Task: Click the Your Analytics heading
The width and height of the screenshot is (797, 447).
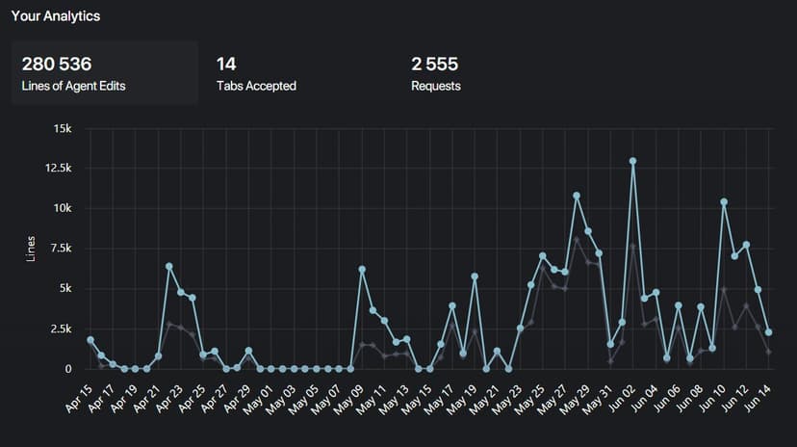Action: point(56,16)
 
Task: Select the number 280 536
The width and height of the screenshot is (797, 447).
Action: point(57,65)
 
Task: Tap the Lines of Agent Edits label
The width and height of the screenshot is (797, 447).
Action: point(73,86)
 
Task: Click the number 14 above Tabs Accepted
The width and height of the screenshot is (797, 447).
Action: point(226,65)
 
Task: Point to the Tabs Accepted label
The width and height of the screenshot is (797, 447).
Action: point(256,86)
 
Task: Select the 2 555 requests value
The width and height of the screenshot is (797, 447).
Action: point(434,65)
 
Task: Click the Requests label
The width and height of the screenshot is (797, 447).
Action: point(436,86)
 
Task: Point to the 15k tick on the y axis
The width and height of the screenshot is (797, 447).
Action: point(63,127)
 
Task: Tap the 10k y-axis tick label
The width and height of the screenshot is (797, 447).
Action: point(63,208)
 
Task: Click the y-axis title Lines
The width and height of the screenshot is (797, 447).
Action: point(32,248)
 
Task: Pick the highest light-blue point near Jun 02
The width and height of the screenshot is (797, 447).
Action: point(632,161)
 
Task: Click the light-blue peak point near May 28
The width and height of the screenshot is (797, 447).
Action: point(577,196)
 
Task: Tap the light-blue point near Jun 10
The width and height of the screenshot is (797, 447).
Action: point(724,202)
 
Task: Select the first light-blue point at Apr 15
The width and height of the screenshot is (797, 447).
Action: point(90,340)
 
